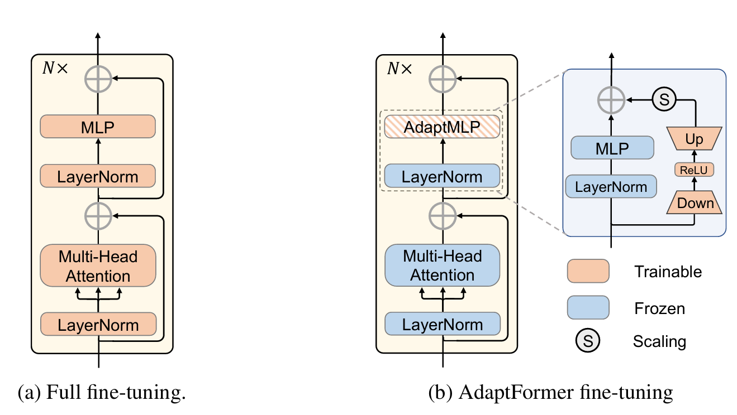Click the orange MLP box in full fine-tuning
pos(97,127)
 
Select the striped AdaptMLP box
pos(442,127)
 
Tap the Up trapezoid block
pos(694,138)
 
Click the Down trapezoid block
pos(695,203)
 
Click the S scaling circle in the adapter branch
pos(664,100)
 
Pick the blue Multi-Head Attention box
pos(442,266)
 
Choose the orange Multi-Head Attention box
pos(97,266)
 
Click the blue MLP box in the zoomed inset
pos(612,148)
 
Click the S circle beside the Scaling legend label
pos(588,340)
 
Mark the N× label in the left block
pos(54,68)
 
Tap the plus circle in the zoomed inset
pos(611,100)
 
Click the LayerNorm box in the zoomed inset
pos(611,186)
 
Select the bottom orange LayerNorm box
pos(97,324)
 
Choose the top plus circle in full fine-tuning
pos(98,80)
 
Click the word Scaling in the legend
pos(659,340)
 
